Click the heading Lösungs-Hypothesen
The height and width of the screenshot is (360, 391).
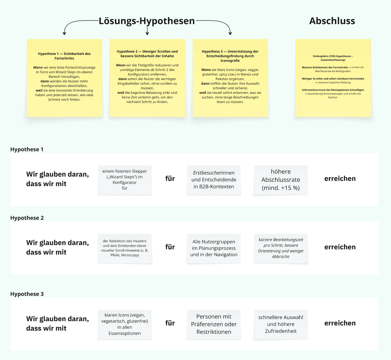(x=147, y=21)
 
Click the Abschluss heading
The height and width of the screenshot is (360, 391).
(x=332, y=21)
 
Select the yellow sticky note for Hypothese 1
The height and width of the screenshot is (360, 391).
(x=64, y=78)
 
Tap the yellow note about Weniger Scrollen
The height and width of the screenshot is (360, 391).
(x=147, y=78)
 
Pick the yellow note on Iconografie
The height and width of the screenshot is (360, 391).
(x=230, y=78)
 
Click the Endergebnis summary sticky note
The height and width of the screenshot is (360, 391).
(x=333, y=78)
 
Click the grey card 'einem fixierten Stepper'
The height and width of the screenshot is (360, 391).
(x=125, y=180)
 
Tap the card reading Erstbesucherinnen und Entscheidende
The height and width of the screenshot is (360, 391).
(x=214, y=180)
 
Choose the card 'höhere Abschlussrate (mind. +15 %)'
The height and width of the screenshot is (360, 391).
(x=281, y=180)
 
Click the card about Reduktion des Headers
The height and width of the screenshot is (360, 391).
(x=125, y=248)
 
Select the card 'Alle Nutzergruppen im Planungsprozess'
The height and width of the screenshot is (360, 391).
(x=214, y=248)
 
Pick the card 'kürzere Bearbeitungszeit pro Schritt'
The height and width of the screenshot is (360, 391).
(x=281, y=248)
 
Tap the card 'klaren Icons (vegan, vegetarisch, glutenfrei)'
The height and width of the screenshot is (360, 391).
(x=125, y=324)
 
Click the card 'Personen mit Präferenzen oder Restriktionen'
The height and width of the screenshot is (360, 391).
(x=214, y=324)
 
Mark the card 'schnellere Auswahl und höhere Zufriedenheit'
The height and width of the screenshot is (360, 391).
(x=281, y=324)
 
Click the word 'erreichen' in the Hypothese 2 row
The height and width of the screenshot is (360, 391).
(x=340, y=247)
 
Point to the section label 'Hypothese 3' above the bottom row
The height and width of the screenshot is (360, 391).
(x=27, y=294)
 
